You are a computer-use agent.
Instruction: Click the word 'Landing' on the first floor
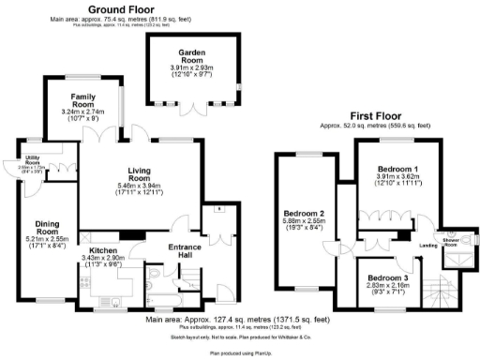(429, 246)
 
